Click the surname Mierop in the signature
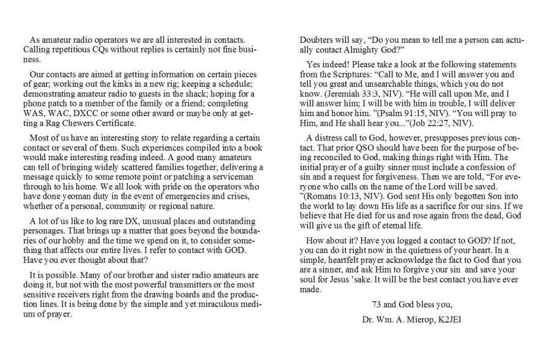point(409,319)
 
